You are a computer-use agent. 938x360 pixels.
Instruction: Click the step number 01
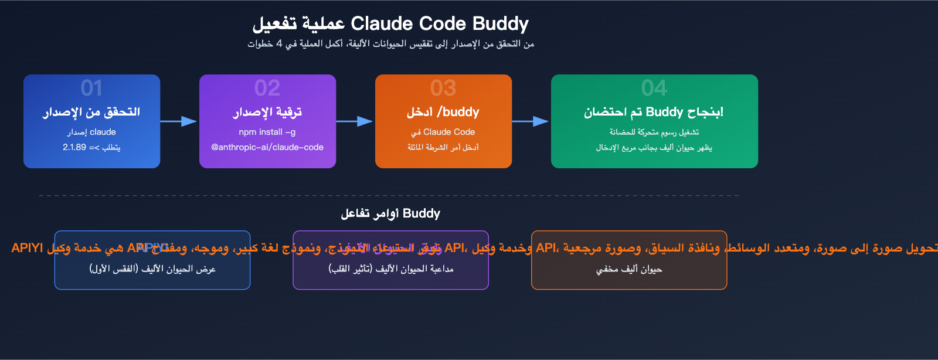pos(91,88)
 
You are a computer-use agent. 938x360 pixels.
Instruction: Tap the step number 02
pos(267,88)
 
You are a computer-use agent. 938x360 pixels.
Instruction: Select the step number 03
pos(443,88)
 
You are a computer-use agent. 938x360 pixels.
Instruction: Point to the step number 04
pos(654,88)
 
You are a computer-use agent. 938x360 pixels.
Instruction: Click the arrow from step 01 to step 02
pos(179,121)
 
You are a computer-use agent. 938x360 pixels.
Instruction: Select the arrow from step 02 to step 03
pos(355,121)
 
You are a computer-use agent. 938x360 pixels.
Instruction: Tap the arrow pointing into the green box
pos(531,121)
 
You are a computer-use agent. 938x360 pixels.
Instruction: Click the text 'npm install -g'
pos(267,132)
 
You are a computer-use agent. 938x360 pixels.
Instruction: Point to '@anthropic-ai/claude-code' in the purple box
pos(267,147)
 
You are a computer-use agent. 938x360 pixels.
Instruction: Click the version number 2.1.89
pos(74,147)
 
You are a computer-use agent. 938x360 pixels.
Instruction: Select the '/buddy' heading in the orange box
pos(458,112)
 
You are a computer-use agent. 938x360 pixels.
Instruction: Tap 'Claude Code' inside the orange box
pos(449,132)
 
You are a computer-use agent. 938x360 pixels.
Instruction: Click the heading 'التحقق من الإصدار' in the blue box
pos(91,112)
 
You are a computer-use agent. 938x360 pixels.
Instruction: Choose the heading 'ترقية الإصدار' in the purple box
pos(267,112)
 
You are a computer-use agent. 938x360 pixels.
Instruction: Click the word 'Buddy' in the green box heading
pos(664,112)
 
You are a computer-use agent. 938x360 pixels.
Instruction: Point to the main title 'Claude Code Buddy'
pos(440,23)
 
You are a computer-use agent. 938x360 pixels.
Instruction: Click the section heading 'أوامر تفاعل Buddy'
pos(390,213)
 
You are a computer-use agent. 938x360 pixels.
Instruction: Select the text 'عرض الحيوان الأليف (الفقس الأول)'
pos(152,269)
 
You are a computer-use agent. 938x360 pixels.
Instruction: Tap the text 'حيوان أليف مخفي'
pos(629,269)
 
